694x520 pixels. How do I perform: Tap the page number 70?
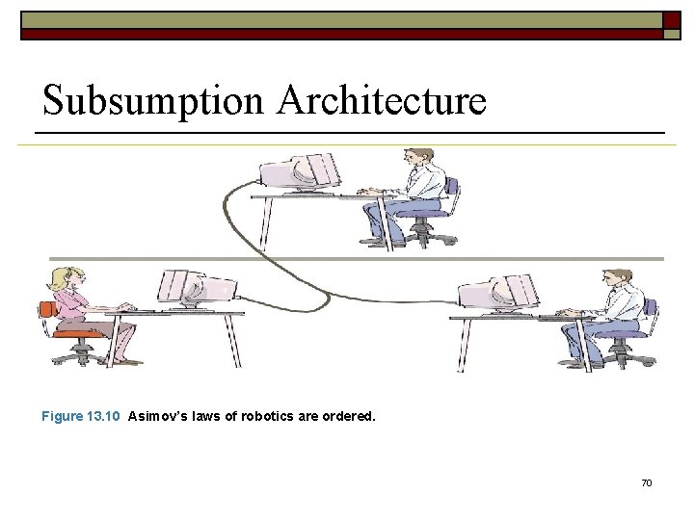[646, 481]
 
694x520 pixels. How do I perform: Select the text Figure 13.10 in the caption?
[80, 417]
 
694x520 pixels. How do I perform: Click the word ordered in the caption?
[348, 417]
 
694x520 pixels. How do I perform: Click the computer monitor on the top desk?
[300, 174]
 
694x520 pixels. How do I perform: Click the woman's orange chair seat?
[74, 333]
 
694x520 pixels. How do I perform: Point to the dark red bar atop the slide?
[337, 34]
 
